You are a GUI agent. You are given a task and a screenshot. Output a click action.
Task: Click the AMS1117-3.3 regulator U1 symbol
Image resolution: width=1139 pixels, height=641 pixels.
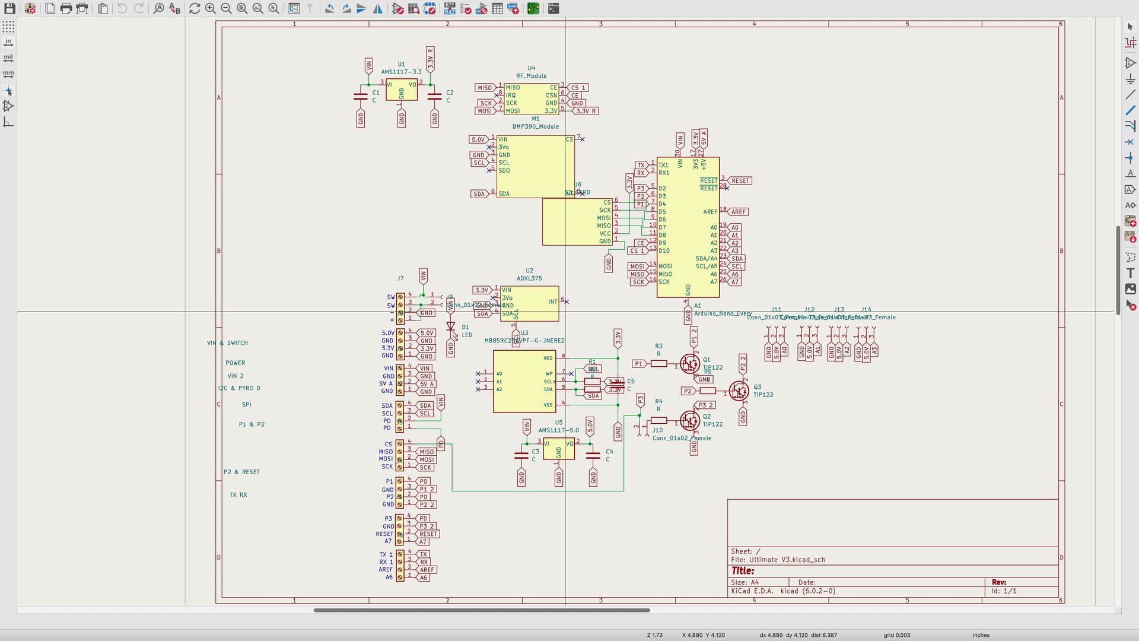pos(402,90)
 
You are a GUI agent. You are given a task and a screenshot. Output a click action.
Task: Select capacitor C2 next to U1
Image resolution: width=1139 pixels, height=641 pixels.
pos(435,96)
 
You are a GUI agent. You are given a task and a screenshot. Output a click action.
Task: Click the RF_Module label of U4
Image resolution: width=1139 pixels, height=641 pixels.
pos(531,76)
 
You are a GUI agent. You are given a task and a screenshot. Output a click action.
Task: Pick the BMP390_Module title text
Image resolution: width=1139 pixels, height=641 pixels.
pos(535,126)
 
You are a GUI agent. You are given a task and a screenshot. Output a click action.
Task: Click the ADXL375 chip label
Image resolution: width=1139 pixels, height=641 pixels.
pos(529,278)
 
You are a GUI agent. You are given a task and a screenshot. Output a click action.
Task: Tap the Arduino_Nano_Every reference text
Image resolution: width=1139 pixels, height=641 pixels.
pos(723,313)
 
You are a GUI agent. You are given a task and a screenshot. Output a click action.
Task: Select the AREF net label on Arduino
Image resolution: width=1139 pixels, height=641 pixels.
pos(739,212)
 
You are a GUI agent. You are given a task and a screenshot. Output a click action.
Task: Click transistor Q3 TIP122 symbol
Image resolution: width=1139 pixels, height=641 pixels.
pos(739,391)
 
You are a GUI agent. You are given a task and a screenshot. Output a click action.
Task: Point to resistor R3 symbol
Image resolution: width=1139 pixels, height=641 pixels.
pos(658,363)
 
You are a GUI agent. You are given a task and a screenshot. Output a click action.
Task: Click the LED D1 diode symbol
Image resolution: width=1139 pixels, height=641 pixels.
pos(450,327)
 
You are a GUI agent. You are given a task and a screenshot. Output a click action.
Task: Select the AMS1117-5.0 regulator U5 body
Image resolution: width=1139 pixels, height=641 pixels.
pos(558,448)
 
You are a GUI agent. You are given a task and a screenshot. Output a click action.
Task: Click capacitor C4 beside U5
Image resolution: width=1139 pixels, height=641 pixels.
pos(593,455)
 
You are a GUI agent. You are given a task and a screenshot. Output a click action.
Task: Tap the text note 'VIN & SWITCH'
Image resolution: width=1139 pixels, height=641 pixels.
pos(227,343)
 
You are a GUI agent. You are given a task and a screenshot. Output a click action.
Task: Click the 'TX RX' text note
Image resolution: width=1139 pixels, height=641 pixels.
pos(238,495)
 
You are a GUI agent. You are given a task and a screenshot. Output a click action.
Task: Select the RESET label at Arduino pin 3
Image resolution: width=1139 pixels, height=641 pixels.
pos(740,181)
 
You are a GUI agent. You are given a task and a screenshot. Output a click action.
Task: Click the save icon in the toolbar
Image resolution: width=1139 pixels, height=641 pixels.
pos(9,8)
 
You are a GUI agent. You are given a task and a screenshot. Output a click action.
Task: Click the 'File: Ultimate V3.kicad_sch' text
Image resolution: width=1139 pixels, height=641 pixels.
pos(777,560)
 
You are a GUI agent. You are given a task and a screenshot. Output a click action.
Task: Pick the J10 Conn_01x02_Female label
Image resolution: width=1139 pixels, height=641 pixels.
pos(681,438)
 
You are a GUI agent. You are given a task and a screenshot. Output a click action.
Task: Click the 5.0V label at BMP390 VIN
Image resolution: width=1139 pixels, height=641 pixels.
pos(478,139)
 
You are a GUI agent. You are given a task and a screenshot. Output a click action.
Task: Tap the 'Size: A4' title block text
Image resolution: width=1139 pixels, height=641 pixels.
pos(745,582)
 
